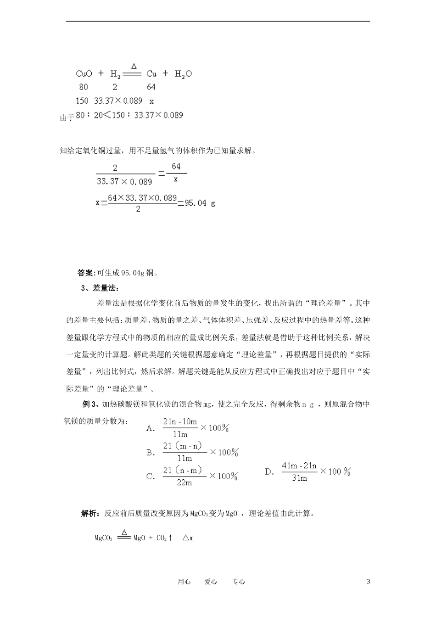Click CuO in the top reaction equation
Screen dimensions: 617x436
pyautogui.click(x=84, y=73)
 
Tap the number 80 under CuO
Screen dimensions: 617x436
pyautogui.click(x=83, y=87)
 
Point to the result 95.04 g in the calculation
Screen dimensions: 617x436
pyautogui.click(x=200, y=203)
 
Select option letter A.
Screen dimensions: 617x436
pyautogui.click(x=150, y=428)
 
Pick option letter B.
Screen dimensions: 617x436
pyautogui.click(x=150, y=452)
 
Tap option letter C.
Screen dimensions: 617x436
pyautogui.click(x=150, y=476)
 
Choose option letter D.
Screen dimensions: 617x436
pyautogui.click(x=269, y=471)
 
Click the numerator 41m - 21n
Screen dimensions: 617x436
pyautogui.click(x=299, y=466)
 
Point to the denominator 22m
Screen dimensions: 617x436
pyautogui.click(x=184, y=482)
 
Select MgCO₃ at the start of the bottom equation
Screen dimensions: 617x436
pyautogui.click(x=103, y=538)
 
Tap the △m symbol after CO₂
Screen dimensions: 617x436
pyautogui.click(x=188, y=538)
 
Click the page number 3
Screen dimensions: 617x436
pyautogui.click(x=368, y=581)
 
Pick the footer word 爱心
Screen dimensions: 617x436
pyautogui.click(x=211, y=582)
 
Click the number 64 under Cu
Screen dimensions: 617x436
pyautogui.click(x=151, y=87)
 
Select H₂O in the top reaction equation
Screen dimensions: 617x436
pyautogui.click(x=183, y=73)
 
